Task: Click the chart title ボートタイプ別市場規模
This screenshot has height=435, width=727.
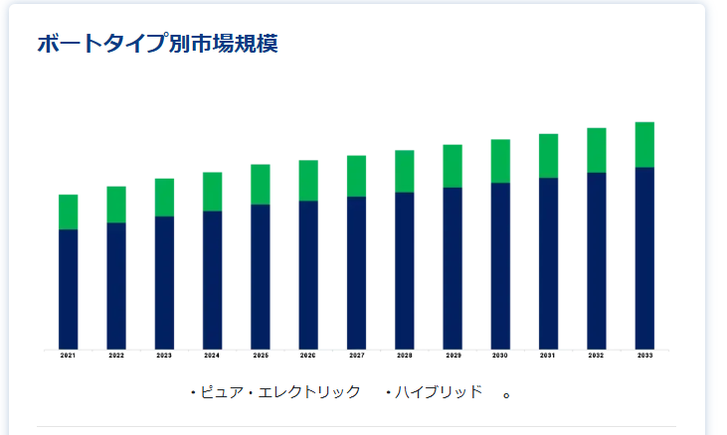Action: click(x=157, y=44)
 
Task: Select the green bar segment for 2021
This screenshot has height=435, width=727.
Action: click(x=68, y=212)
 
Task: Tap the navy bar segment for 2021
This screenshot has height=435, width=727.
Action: click(x=68, y=288)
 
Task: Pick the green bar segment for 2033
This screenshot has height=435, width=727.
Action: click(x=644, y=144)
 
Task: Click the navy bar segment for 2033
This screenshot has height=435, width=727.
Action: click(x=644, y=257)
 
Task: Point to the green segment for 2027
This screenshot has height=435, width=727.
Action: click(x=356, y=176)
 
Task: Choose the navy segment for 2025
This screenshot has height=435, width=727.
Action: click(x=260, y=276)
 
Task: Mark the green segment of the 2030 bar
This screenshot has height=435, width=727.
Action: click(x=500, y=161)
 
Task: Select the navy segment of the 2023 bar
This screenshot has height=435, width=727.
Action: click(x=164, y=282)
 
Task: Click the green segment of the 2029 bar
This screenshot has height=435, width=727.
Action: click(x=453, y=166)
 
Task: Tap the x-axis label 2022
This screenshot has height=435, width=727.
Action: click(x=116, y=355)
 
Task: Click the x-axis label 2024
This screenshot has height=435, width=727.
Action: click(x=212, y=355)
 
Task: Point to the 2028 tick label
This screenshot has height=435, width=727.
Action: click(x=405, y=355)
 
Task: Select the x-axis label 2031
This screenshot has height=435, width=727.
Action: click(x=548, y=355)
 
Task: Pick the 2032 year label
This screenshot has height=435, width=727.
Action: click(x=597, y=355)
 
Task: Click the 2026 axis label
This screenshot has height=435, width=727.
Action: click(x=308, y=355)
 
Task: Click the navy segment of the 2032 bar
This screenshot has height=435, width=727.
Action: click(x=597, y=260)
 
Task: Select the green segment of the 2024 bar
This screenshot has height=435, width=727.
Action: click(x=212, y=192)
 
